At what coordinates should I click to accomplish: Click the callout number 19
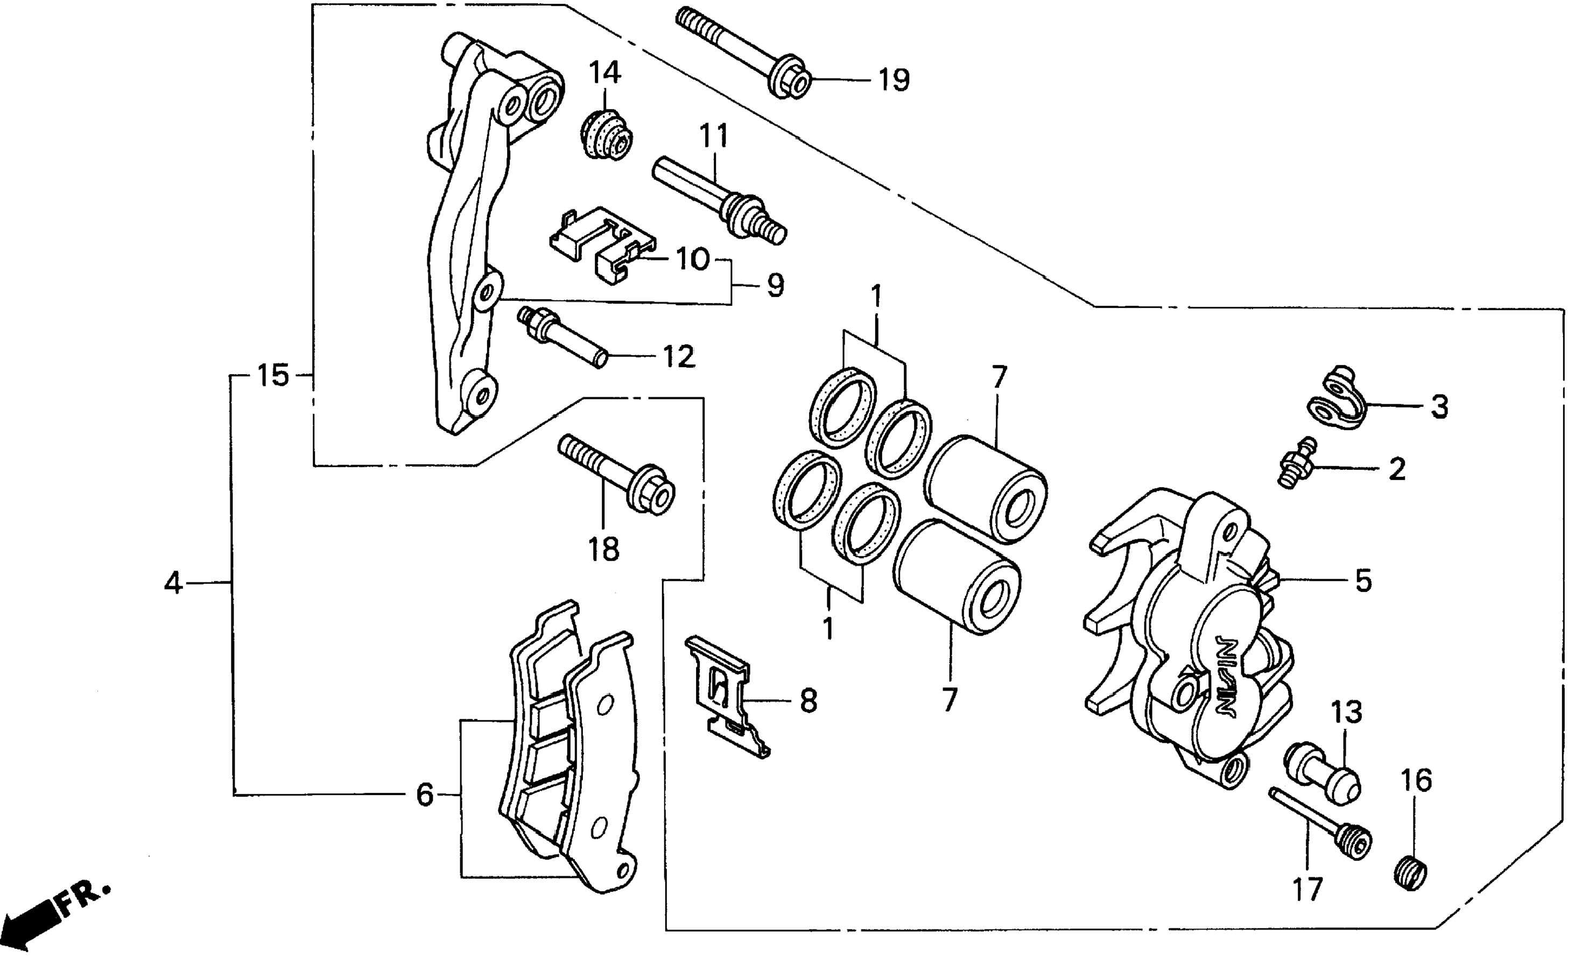point(894,81)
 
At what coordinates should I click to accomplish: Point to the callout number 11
point(713,136)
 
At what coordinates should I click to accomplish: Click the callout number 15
point(273,376)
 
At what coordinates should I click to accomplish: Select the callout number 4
point(173,583)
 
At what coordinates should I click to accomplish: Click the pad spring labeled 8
point(728,697)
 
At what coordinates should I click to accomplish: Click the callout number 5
point(1363,581)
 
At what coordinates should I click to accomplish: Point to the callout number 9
point(775,286)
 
